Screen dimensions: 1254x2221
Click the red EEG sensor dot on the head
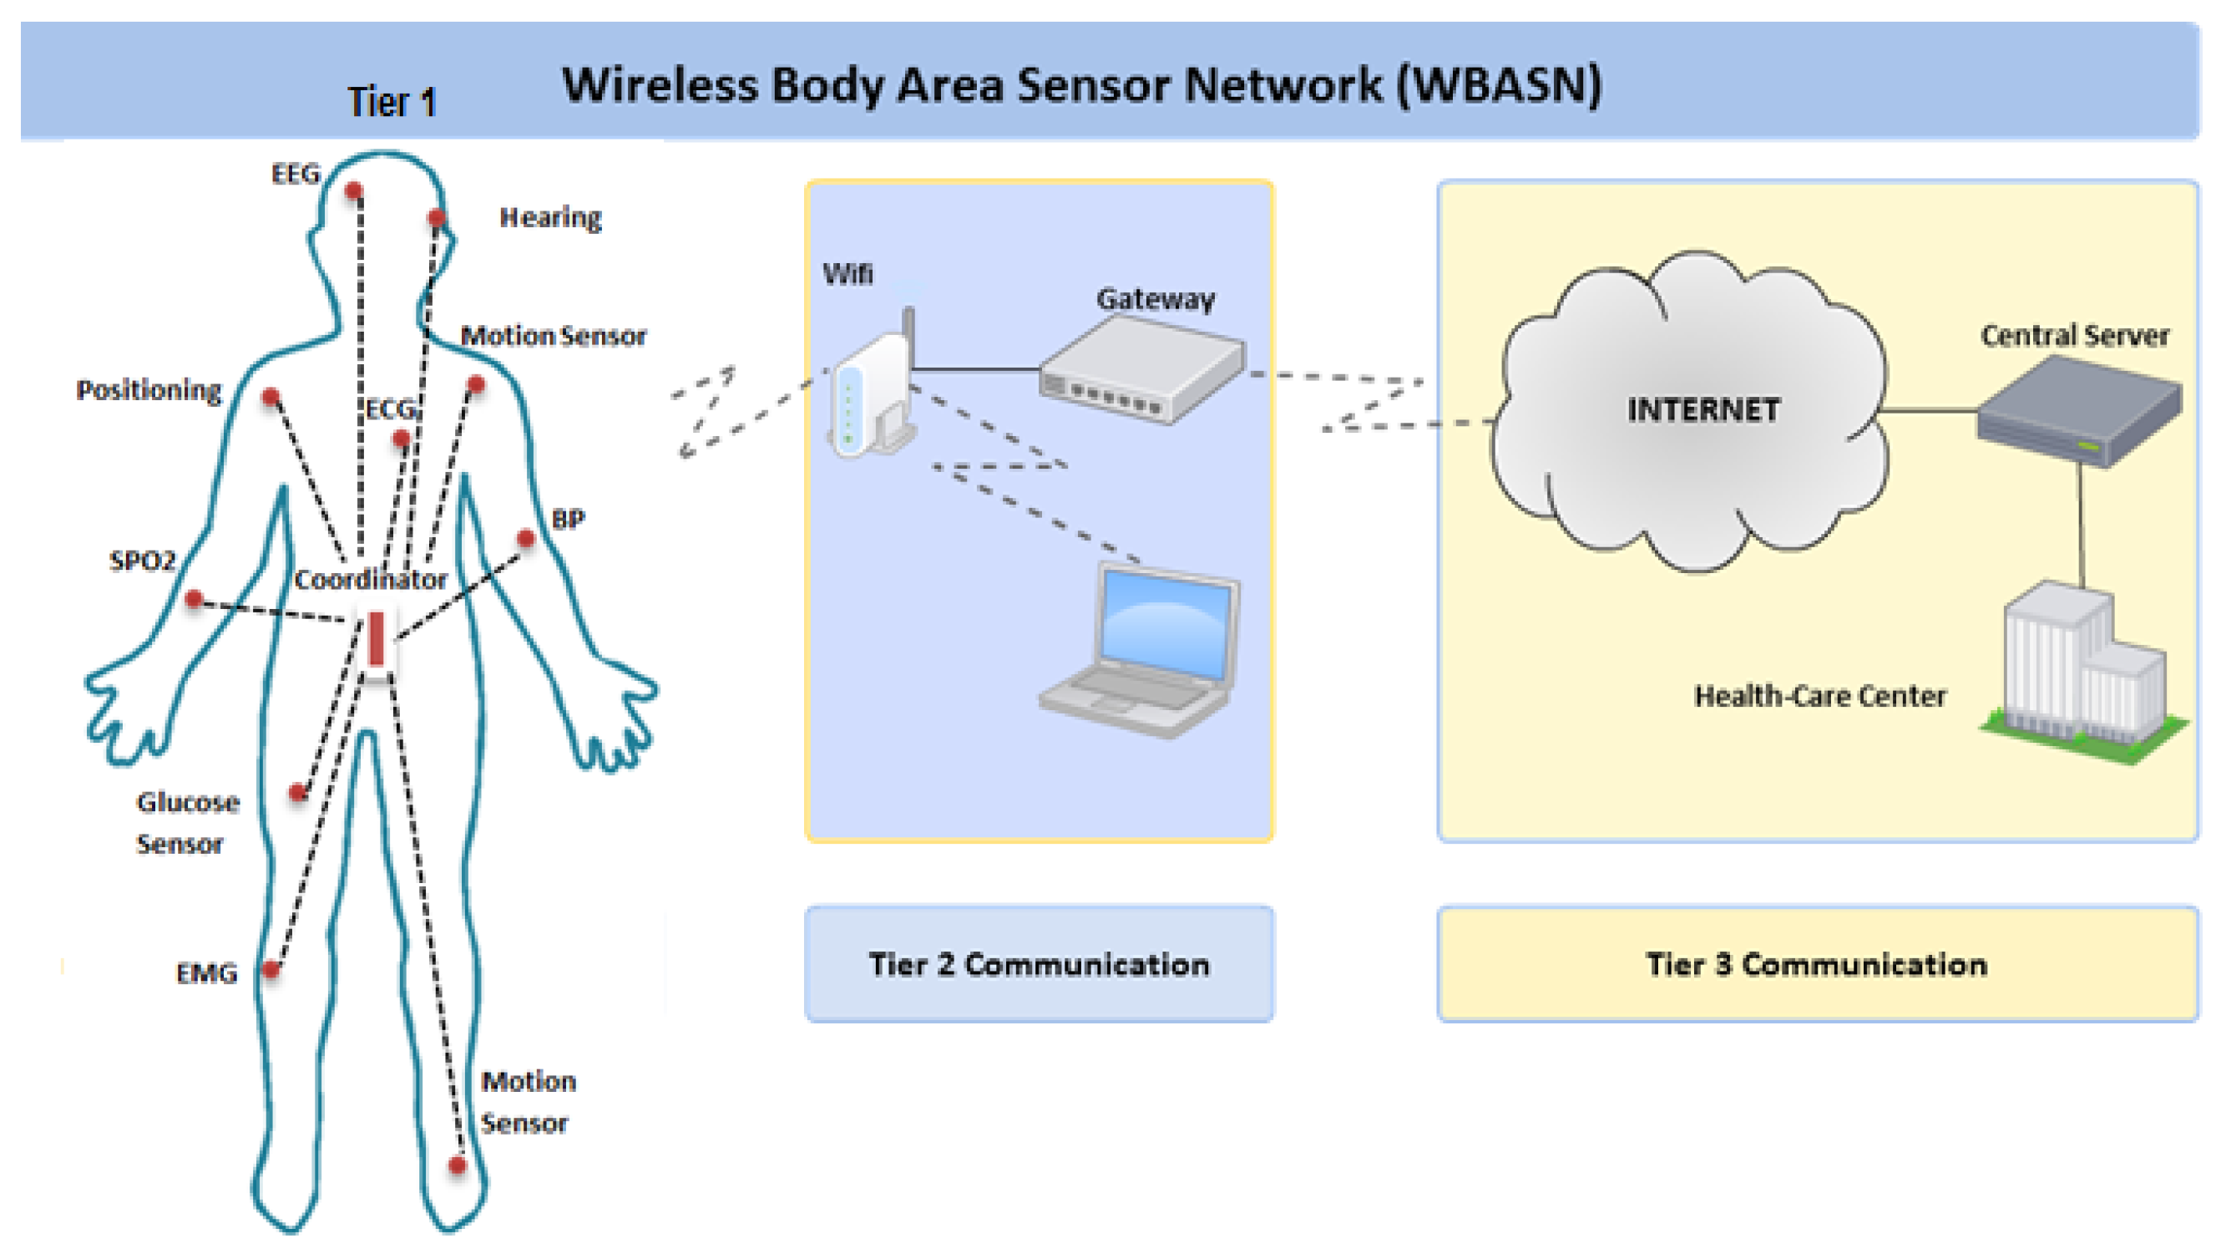coord(353,190)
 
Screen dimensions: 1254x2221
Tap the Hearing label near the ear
coord(550,217)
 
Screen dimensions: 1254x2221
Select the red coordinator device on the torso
coord(376,640)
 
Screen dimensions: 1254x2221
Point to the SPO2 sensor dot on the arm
coord(194,598)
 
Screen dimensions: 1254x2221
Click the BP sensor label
coord(568,519)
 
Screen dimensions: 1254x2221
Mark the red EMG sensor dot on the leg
coord(271,969)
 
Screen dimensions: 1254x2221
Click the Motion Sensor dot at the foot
coord(457,1165)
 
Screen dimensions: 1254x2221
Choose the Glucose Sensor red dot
coord(298,792)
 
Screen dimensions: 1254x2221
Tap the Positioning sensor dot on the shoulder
coord(271,397)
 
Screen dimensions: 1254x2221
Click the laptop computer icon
coord(1142,651)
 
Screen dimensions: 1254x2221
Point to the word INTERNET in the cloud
coord(1702,409)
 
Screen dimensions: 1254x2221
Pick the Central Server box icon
coord(2078,412)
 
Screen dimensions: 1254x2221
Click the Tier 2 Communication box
coord(1039,964)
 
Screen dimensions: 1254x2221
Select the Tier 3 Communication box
coord(1817,964)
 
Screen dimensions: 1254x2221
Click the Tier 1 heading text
coord(392,102)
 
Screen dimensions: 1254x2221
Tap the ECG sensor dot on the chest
coord(401,439)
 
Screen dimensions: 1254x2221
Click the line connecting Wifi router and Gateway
coord(974,369)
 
